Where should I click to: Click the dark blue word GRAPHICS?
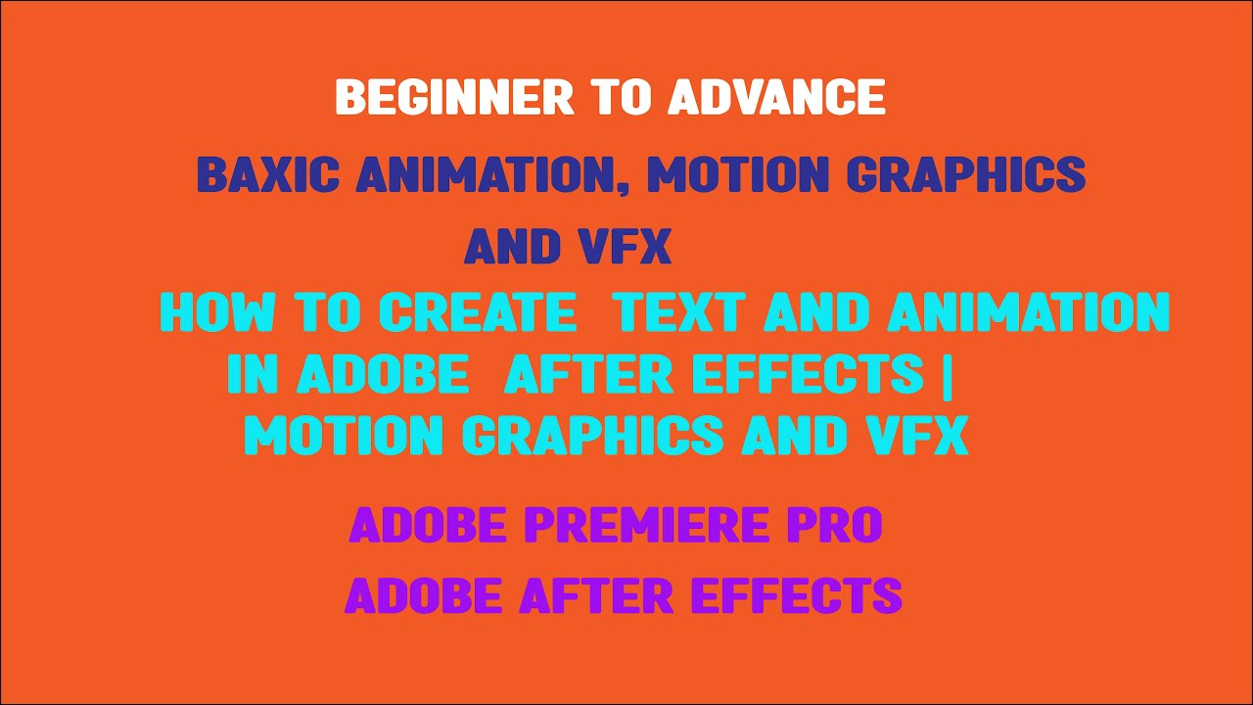click(965, 175)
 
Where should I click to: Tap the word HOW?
click(217, 313)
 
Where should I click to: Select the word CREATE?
click(478, 313)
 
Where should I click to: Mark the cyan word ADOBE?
click(382, 374)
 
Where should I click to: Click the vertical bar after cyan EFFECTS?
click(945, 374)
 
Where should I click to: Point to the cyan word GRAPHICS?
click(593, 436)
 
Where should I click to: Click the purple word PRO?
click(836, 526)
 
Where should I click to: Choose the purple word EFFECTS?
click(796, 595)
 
